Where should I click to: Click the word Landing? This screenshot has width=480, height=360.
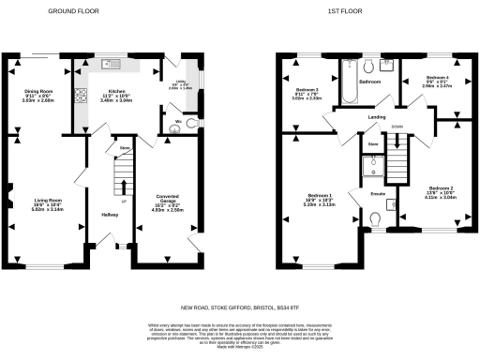(378, 117)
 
